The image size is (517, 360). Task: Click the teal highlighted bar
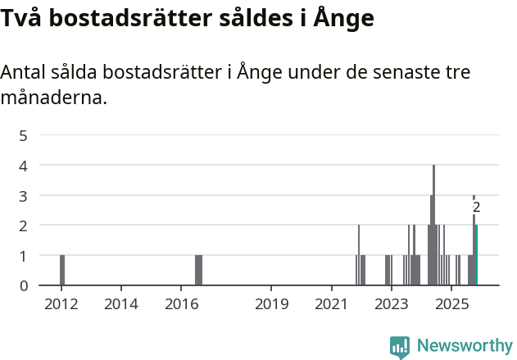coord(476,255)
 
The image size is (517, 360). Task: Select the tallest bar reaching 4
coord(433,226)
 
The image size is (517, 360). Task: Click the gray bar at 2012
coord(62,270)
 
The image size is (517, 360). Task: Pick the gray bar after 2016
coord(198,270)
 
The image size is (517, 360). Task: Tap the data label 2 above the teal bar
coord(476,208)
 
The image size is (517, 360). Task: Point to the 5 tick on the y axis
coord(24,135)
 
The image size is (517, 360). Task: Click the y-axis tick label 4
coord(24,165)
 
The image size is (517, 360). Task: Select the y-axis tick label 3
coord(24,195)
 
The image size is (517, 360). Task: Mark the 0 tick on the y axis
coord(24,285)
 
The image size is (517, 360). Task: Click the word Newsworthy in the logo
coord(465,346)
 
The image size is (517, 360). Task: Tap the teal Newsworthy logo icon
coord(400,347)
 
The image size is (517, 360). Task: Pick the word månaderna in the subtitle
coord(53,98)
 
